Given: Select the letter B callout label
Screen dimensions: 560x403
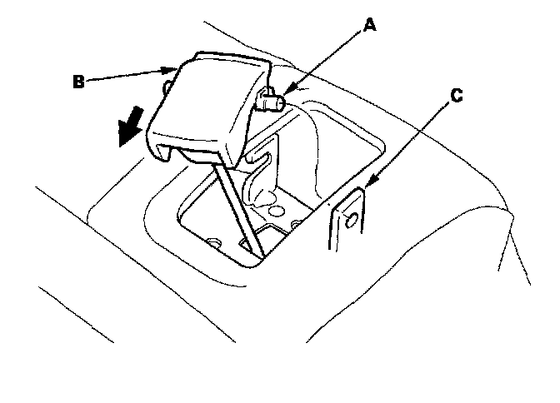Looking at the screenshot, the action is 77,82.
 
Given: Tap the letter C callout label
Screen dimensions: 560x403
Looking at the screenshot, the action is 456,95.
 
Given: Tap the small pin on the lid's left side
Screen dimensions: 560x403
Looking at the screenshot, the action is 169,86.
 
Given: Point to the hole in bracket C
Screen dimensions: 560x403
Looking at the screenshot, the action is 349,219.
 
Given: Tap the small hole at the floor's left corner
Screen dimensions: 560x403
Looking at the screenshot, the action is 216,242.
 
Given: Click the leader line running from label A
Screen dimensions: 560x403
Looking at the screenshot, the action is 325,62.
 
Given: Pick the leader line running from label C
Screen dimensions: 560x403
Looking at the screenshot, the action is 412,139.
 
